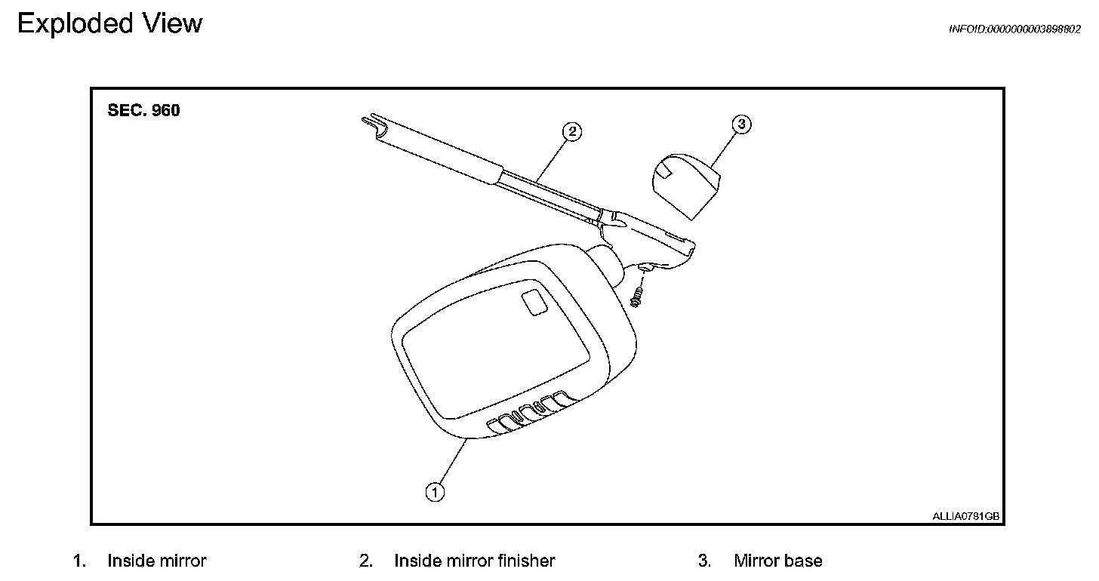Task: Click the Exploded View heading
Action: coord(109,24)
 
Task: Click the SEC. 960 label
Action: coord(144,110)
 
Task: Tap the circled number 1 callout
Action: coord(434,492)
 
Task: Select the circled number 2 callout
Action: coord(572,131)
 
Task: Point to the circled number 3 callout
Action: coord(742,124)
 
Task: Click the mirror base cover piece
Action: coord(685,185)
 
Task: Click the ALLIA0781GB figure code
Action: coord(965,516)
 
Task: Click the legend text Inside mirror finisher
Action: coord(474,561)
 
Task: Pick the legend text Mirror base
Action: coord(777,561)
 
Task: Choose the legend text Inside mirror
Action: coord(156,561)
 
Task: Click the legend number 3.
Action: coord(703,561)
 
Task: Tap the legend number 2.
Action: coord(365,561)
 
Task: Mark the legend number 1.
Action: coord(78,561)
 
